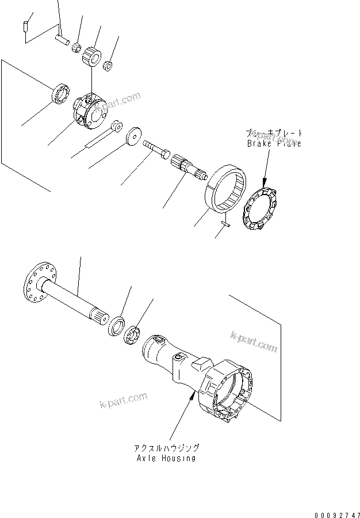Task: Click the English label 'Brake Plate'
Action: tap(274, 144)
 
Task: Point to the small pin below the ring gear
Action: tap(225, 226)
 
